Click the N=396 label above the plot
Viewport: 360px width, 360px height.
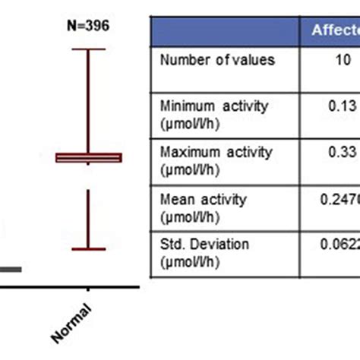click(88, 26)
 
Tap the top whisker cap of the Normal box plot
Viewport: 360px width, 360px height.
click(89, 49)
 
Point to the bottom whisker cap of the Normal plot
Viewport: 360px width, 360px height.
click(89, 248)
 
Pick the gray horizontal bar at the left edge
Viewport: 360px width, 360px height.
click(10, 269)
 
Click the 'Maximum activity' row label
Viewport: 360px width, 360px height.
click(216, 158)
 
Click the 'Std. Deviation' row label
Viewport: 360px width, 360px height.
click(204, 251)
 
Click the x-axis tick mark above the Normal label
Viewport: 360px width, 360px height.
click(89, 289)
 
